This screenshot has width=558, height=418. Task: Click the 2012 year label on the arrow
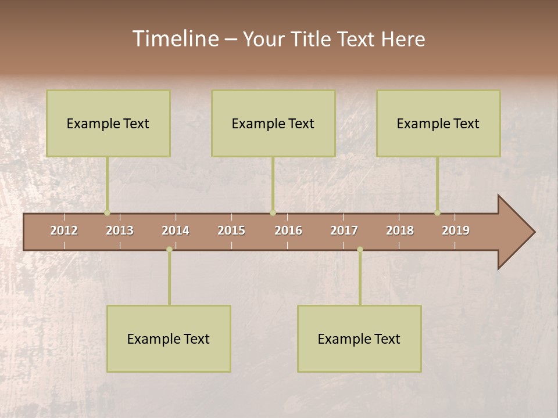click(x=64, y=230)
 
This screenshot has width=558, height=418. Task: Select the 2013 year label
click(x=120, y=230)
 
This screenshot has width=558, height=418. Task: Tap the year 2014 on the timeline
click(x=176, y=230)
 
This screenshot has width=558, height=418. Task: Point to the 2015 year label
click(x=231, y=230)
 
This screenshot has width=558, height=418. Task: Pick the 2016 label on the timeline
click(x=288, y=230)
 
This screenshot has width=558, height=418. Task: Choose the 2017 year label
click(x=344, y=230)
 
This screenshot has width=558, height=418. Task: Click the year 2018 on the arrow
click(x=400, y=230)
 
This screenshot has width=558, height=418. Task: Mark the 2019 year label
click(x=456, y=230)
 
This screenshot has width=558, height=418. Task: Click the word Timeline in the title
click(x=175, y=39)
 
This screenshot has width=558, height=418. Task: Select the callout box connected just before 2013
click(x=108, y=123)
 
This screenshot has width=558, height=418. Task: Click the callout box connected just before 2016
click(x=273, y=123)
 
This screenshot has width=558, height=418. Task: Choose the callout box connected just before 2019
click(x=438, y=123)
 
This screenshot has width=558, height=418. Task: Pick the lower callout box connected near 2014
click(x=169, y=338)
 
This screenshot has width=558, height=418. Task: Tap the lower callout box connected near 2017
click(x=359, y=338)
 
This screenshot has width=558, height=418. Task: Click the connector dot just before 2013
click(x=107, y=213)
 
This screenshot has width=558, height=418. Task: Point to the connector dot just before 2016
click(x=273, y=213)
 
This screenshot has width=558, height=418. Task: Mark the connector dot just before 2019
click(x=437, y=213)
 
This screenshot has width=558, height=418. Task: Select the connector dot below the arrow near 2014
click(x=169, y=250)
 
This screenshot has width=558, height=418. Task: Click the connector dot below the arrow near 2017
click(x=360, y=250)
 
